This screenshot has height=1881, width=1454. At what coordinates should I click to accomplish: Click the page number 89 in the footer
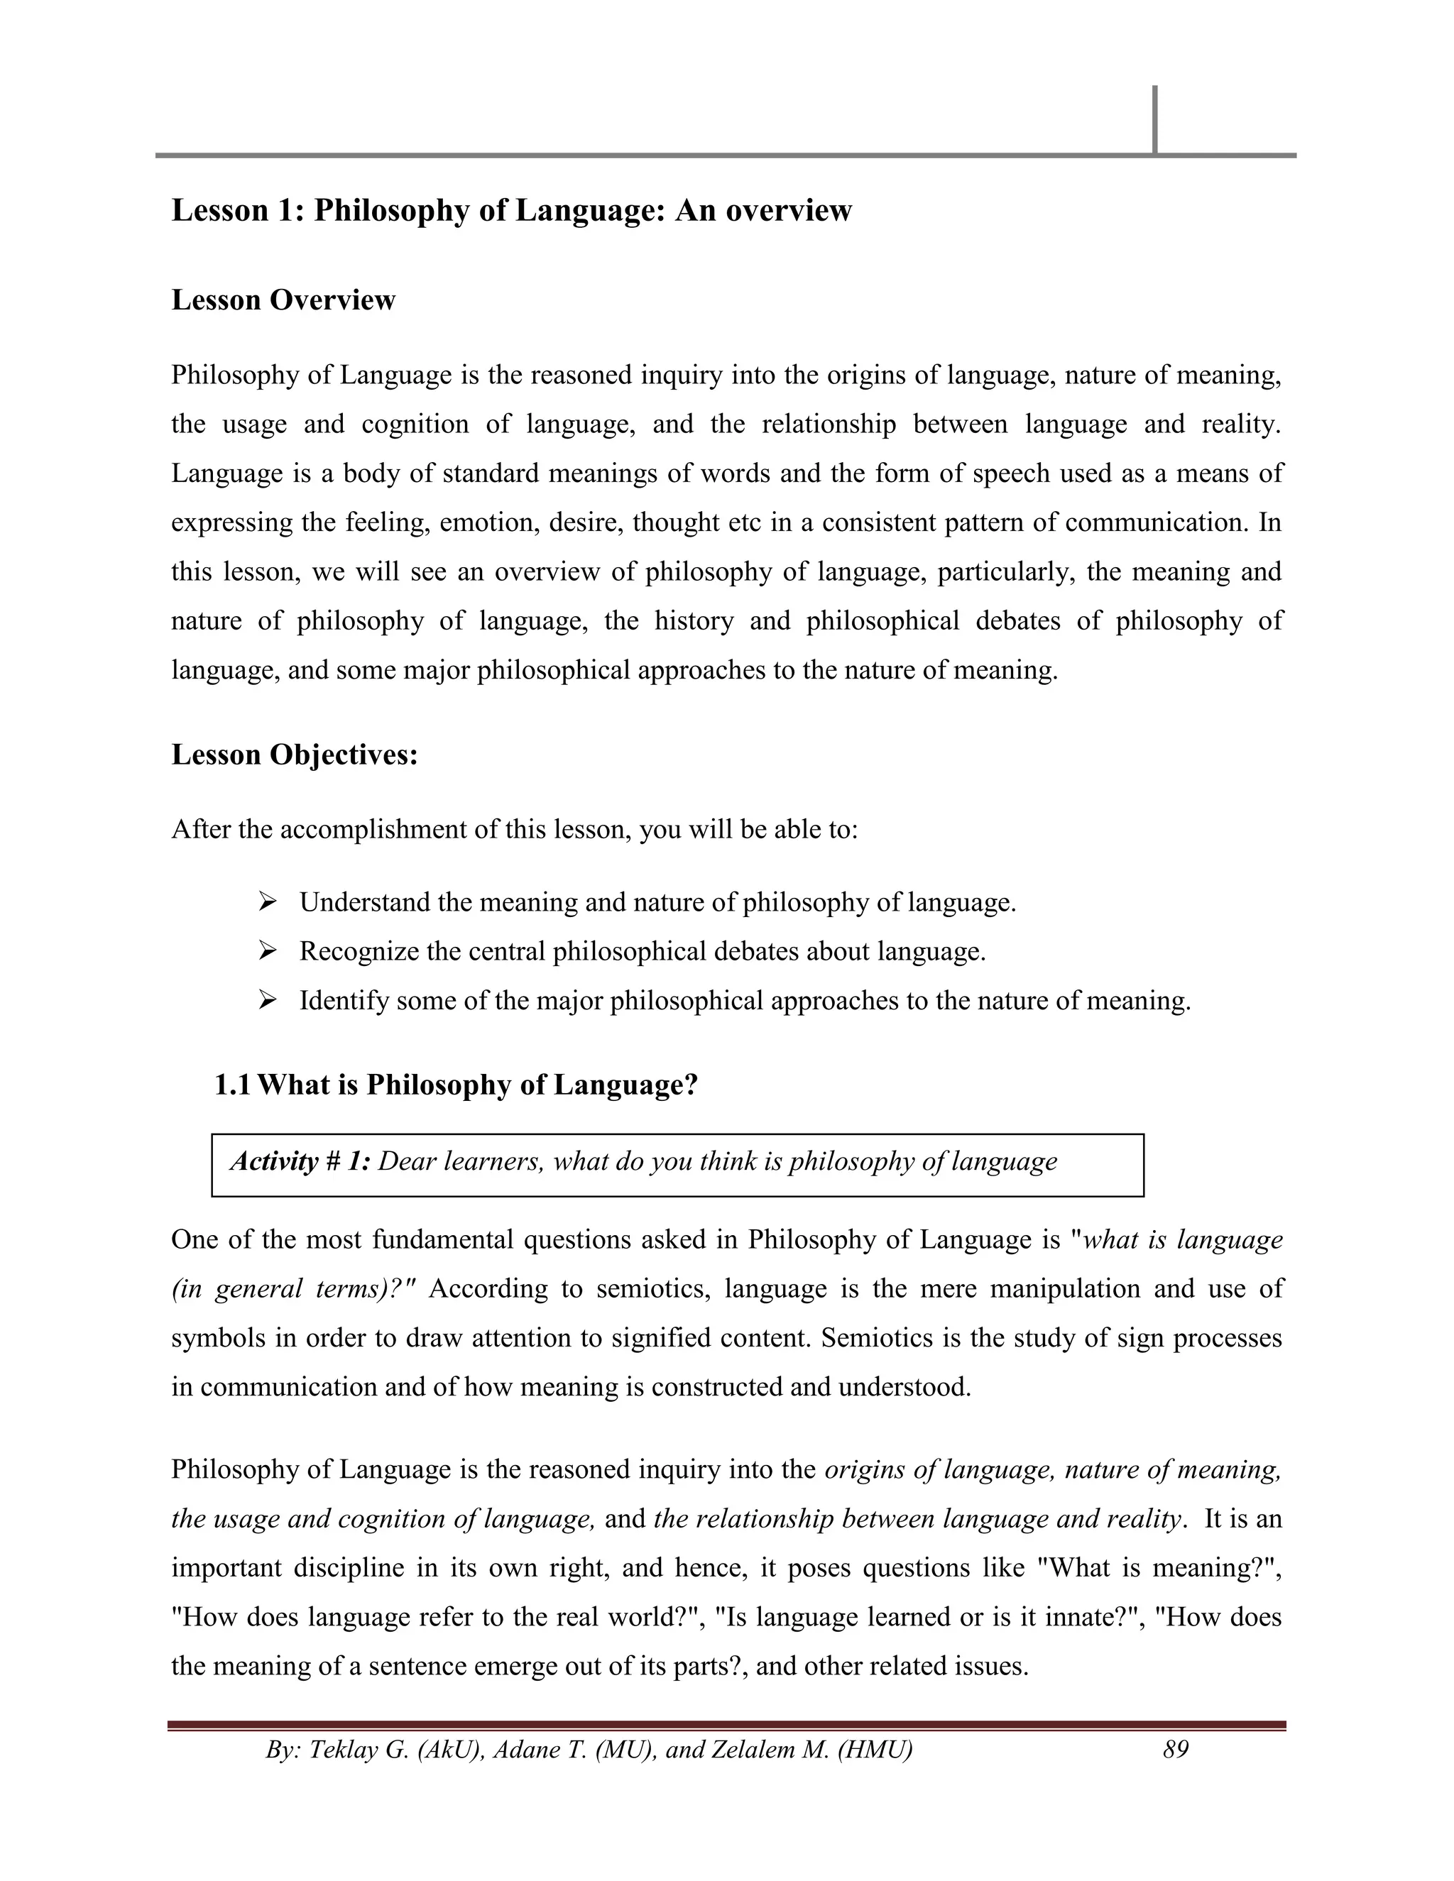coord(1176,1749)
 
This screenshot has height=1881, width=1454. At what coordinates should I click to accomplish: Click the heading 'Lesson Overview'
coord(283,300)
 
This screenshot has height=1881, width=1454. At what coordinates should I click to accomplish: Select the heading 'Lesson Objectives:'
coord(295,755)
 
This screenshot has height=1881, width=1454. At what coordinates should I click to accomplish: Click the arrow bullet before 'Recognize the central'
coord(267,951)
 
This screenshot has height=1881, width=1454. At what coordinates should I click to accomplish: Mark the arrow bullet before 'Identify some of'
coord(267,1000)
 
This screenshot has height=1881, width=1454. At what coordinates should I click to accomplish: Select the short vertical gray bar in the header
coord(1154,120)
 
